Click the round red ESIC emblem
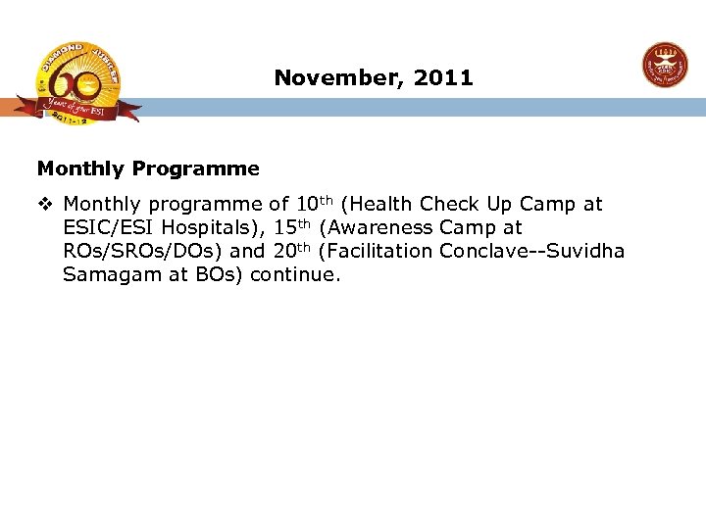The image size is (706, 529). pyautogui.click(x=665, y=66)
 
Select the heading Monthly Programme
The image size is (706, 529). pyautogui.click(x=148, y=168)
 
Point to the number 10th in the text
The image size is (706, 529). pyautogui.click(x=314, y=204)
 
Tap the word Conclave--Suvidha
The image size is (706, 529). pyautogui.click(x=531, y=251)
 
